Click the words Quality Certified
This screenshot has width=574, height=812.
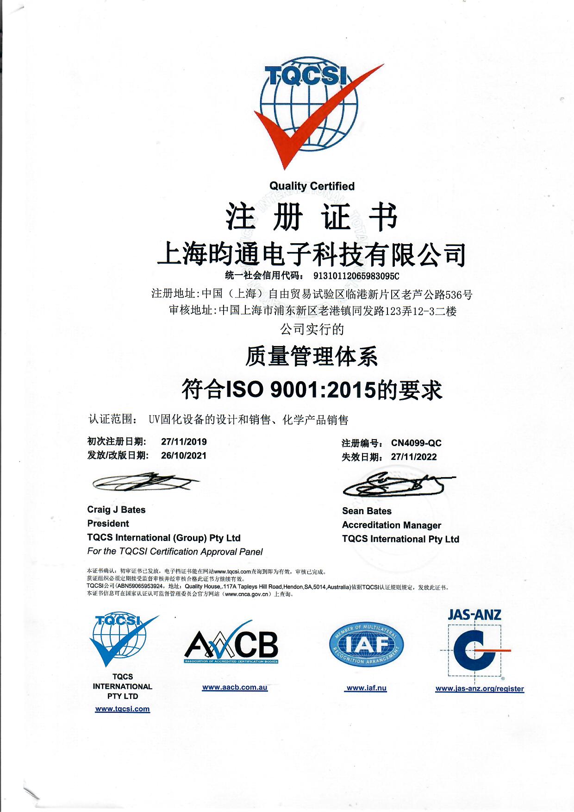312,186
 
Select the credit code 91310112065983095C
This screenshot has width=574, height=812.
356,276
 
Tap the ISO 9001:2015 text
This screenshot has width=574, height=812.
300,390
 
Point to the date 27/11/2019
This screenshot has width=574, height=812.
184,441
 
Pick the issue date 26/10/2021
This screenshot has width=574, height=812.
184,455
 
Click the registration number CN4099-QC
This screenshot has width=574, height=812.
416,443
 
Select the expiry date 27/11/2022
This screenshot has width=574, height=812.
414,457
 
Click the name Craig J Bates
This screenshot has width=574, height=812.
116,510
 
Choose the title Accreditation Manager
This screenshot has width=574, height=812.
391,525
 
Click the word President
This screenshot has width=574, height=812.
108,523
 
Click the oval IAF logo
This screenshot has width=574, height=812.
367,644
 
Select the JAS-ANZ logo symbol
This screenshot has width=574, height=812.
474,648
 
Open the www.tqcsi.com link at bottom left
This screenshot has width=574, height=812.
122,709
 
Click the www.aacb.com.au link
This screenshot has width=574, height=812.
235,687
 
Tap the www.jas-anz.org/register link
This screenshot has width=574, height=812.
480,689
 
